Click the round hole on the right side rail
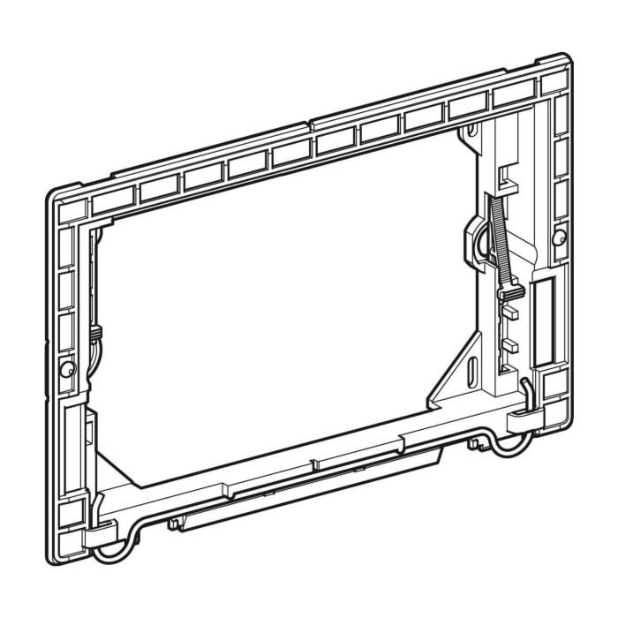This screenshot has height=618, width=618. (558, 237)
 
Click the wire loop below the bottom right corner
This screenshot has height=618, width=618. (509, 447)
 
